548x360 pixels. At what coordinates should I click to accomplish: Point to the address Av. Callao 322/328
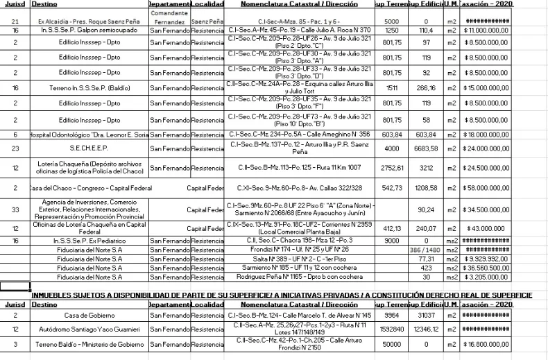pos(300,188)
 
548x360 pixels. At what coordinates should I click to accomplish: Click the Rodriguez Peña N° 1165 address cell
pos(300,275)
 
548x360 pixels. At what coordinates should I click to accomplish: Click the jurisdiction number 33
pos(15,209)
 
